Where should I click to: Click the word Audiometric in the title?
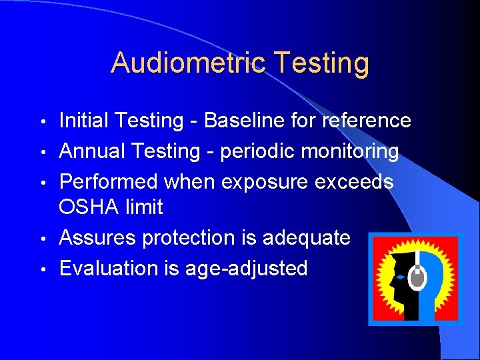coord(189,63)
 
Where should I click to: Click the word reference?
coord(366,121)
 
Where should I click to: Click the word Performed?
coord(109,182)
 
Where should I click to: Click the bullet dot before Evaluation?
coord(43,269)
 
